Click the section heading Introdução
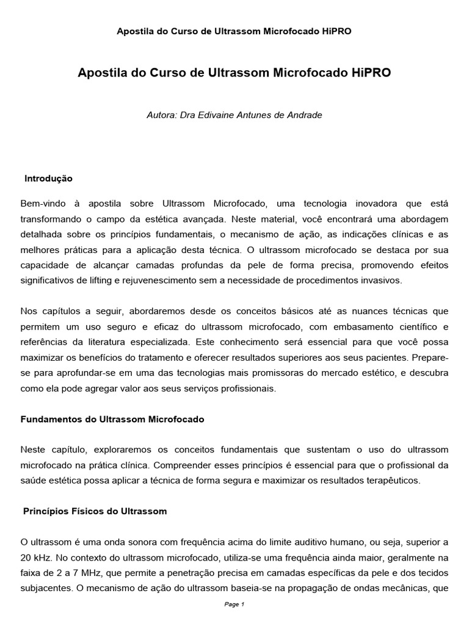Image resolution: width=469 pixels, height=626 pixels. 48,179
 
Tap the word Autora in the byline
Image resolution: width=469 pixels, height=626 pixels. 161,114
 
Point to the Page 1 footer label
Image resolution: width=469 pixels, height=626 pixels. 234,605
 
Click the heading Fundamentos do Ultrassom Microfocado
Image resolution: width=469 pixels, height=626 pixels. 112,420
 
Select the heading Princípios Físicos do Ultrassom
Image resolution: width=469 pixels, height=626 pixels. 95,511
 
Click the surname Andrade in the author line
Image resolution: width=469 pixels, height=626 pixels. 304,114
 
